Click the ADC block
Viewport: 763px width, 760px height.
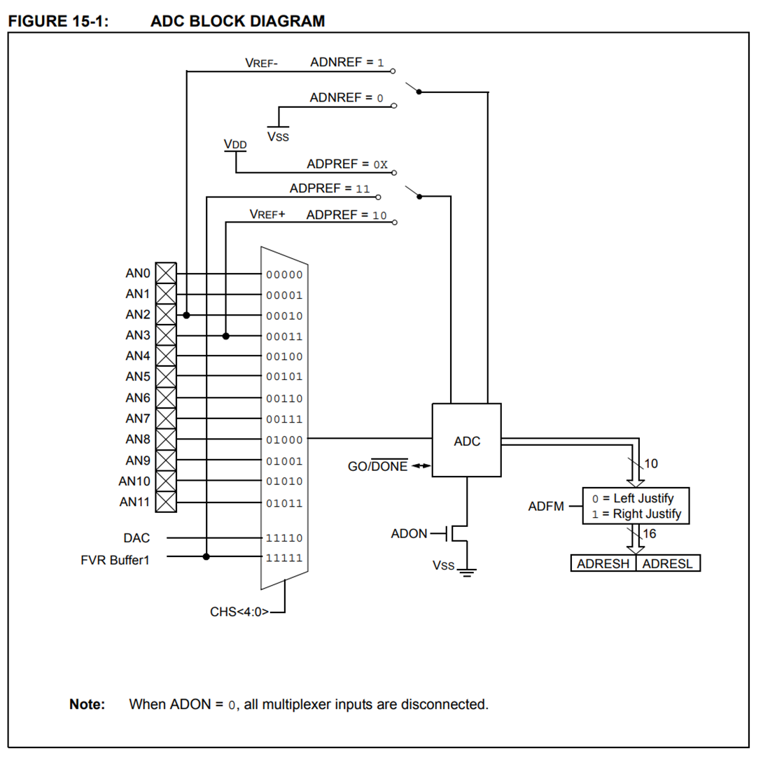point(467,440)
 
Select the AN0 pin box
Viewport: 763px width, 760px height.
point(166,273)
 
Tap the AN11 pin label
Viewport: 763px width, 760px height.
point(134,502)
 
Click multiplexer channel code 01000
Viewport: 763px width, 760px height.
point(284,440)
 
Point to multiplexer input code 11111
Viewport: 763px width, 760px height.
point(284,558)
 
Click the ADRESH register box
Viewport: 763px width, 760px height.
point(603,563)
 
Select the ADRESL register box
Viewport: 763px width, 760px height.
point(668,563)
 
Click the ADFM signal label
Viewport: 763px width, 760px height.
point(546,506)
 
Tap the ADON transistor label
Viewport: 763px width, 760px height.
point(409,534)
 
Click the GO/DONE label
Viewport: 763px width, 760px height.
point(377,466)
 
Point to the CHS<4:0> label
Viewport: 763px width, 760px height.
point(239,612)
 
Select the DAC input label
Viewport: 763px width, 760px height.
point(136,537)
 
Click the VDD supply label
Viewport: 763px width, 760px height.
point(235,144)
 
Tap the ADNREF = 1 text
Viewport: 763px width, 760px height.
point(347,62)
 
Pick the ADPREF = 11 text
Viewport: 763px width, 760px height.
point(330,189)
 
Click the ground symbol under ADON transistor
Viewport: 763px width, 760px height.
point(467,572)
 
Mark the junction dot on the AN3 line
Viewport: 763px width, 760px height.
point(225,336)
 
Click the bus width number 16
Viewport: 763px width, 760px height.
point(649,534)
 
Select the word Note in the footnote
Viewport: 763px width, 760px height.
point(87,704)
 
